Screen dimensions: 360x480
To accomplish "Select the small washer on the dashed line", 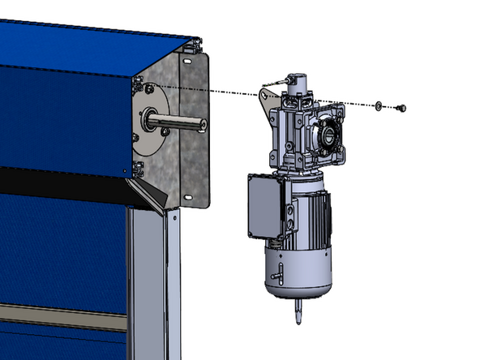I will pos(379,105).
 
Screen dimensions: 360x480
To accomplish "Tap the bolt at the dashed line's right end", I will pos(399,108).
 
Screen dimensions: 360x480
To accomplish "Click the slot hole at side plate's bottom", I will pos(191,196).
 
